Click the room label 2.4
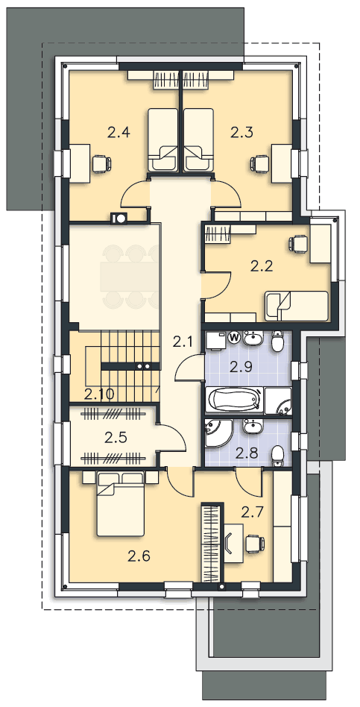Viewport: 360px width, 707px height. click(x=119, y=133)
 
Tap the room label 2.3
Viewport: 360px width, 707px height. click(x=242, y=133)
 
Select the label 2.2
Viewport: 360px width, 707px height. click(x=262, y=266)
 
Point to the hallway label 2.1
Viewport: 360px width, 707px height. click(x=183, y=342)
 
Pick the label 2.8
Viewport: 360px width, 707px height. click(x=247, y=453)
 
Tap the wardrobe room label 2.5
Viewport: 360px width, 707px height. click(x=116, y=437)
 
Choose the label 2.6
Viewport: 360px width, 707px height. click(x=139, y=556)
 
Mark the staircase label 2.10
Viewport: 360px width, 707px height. click(x=99, y=395)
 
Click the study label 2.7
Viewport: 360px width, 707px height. click(x=252, y=512)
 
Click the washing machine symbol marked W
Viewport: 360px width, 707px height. click(x=234, y=336)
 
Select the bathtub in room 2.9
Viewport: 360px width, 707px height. click(x=234, y=400)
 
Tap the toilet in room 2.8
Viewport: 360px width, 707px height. click(x=279, y=456)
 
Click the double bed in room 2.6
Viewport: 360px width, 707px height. click(x=121, y=504)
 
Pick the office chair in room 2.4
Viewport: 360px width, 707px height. click(x=101, y=163)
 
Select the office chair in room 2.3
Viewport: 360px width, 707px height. click(x=260, y=163)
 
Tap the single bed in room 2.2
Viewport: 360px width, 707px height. click(x=296, y=305)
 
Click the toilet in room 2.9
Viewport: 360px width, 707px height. click(x=278, y=342)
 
